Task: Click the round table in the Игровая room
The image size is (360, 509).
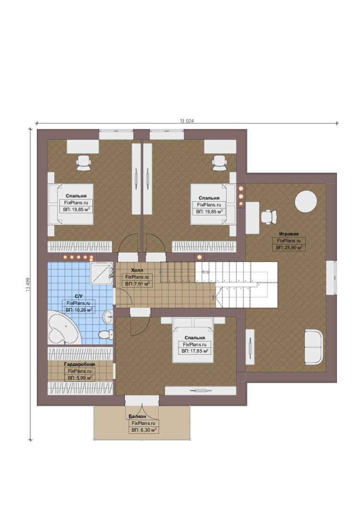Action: click(305, 201)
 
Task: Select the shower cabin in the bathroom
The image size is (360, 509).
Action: click(102, 273)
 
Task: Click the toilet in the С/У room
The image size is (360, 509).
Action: click(105, 334)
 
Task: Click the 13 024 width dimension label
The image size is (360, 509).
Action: click(187, 121)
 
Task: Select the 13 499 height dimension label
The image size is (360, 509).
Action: click(28, 284)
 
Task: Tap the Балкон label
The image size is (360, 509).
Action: click(137, 416)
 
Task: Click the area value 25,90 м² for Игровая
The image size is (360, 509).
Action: click(289, 247)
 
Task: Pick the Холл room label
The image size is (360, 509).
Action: click(137, 270)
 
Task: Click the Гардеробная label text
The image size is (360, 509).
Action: click(80, 364)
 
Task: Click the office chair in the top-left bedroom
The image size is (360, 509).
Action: click(83, 163)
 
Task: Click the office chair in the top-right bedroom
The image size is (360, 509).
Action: click(220, 163)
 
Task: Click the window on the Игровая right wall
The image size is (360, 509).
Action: click(331, 278)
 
